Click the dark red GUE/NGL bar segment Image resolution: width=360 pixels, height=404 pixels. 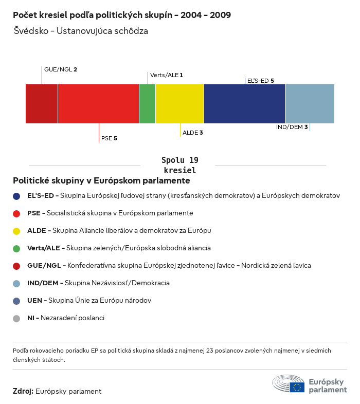(x=42, y=104)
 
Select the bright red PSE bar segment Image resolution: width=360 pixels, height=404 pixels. (x=98, y=104)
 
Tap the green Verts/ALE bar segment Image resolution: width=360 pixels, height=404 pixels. (x=147, y=104)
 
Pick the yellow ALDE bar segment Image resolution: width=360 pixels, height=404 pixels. (x=179, y=104)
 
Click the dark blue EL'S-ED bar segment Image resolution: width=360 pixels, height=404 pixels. (x=244, y=104)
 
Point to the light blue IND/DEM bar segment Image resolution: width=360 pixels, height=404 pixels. (x=310, y=104)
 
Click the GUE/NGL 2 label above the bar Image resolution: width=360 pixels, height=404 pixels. (x=61, y=69)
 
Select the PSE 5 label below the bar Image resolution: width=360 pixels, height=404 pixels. (x=110, y=138)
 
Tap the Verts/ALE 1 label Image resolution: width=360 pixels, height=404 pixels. (x=167, y=75)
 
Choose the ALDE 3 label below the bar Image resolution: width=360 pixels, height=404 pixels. (x=193, y=133)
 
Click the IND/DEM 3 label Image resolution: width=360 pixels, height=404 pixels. (x=292, y=127)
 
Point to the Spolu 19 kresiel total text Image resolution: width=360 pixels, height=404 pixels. (x=179, y=165)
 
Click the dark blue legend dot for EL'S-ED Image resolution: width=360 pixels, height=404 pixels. (x=16, y=196)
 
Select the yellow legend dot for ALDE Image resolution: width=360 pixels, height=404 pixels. (x=16, y=231)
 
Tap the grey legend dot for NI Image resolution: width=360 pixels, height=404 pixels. (x=16, y=318)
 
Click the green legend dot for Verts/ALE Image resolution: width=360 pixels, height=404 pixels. (x=16, y=248)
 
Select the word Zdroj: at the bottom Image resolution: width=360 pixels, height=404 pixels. (x=23, y=391)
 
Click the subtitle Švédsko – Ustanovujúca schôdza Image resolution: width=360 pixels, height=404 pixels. (x=81, y=31)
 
